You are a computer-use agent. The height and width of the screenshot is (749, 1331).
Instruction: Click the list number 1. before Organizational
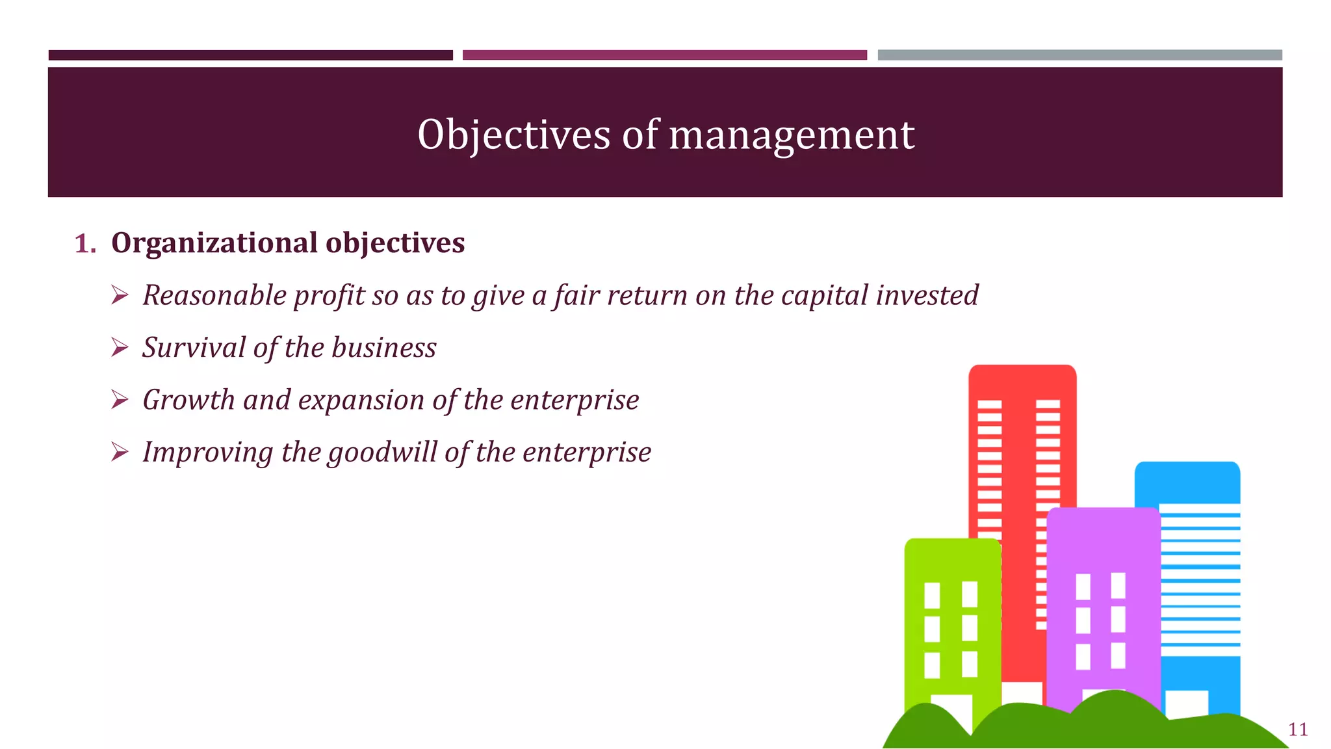[85, 244]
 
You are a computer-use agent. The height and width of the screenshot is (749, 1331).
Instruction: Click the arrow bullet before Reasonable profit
[120, 296]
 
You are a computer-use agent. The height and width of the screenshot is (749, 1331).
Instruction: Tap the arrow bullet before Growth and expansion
[120, 400]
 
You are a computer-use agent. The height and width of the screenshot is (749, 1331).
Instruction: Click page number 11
[1298, 729]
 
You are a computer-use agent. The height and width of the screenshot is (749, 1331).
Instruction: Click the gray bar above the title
[1079, 55]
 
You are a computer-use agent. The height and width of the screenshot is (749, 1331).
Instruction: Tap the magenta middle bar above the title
[664, 55]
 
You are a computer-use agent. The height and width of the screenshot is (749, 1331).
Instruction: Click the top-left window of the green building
[932, 594]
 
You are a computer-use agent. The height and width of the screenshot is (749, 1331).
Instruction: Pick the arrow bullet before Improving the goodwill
[120, 452]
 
